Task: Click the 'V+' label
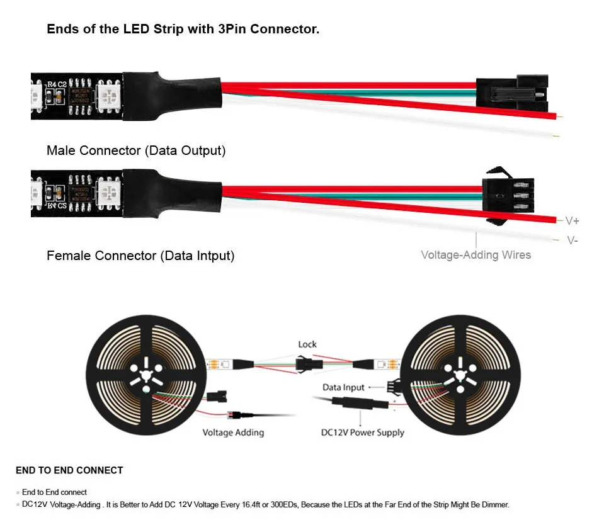pyautogui.click(x=572, y=220)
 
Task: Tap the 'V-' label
pyautogui.click(x=572, y=240)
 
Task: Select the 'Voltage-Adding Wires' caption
pyautogui.click(x=476, y=255)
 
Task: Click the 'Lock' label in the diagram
pyautogui.click(x=307, y=344)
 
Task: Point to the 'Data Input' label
pyautogui.click(x=344, y=387)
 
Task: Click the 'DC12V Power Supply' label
pyautogui.click(x=363, y=433)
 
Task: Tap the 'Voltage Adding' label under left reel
pyautogui.click(x=233, y=433)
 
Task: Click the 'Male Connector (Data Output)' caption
pyautogui.click(x=136, y=150)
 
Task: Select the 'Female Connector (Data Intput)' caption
pyautogui.click(x=140, y=256)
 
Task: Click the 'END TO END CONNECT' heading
pyautogui.click(x=69, y=470)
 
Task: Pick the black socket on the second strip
pyautogui.click(x=508, y=196)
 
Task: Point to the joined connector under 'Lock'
pyautogui.click(x=307, y=364)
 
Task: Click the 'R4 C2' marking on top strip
pyautogui.click(x=56, y=83)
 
